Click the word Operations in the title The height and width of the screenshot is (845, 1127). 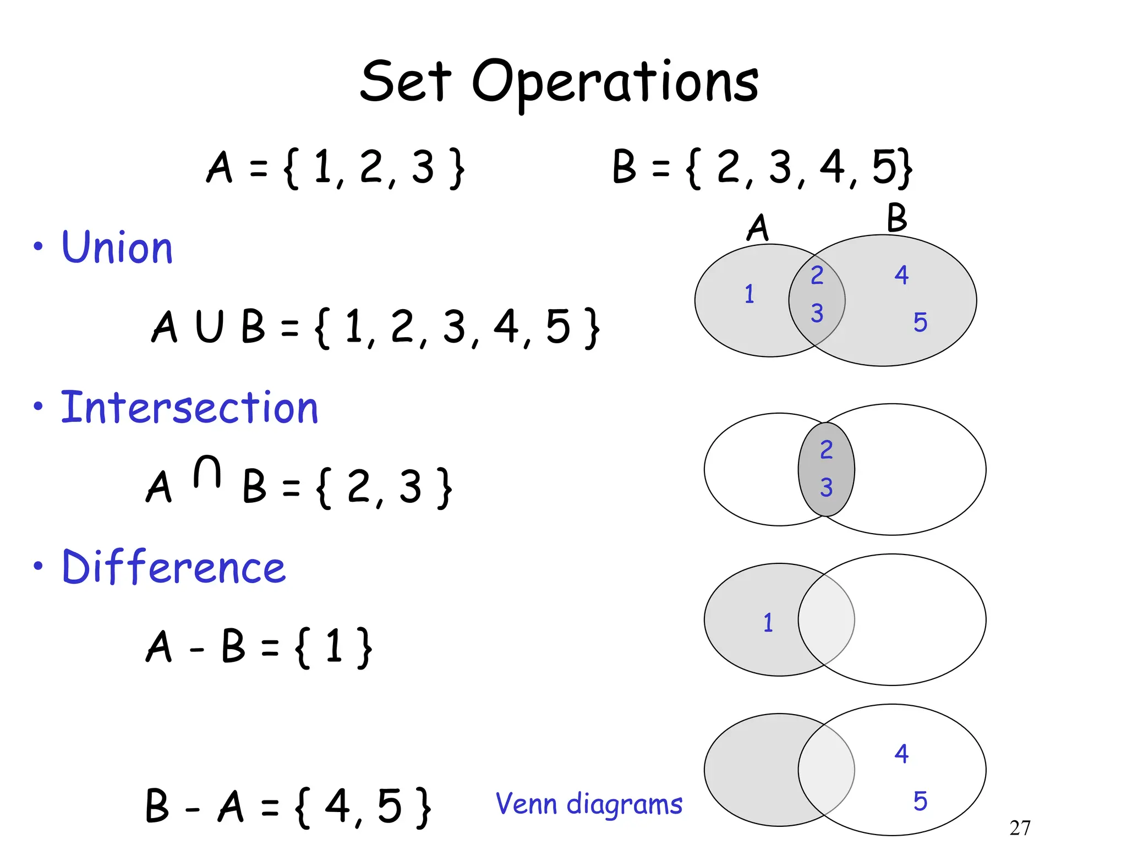point(615,83)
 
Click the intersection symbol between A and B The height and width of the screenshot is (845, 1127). point(207,472)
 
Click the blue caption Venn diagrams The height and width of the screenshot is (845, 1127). point(589,804)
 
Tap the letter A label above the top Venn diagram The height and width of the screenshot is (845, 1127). point(758,227)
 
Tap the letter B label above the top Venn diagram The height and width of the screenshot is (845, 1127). point(896,218)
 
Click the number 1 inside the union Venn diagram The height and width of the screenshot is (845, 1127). point(749,294)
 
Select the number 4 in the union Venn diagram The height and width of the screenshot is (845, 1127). point(901,275)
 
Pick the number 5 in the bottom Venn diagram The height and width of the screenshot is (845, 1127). point(920,801)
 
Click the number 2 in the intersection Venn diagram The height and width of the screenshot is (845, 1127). point(826,450)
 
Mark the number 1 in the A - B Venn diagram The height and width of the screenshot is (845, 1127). point(768,623)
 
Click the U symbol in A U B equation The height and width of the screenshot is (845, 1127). point(210,326)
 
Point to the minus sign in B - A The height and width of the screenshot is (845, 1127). point(192,809)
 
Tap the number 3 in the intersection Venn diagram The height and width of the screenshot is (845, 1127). point(826,487)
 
